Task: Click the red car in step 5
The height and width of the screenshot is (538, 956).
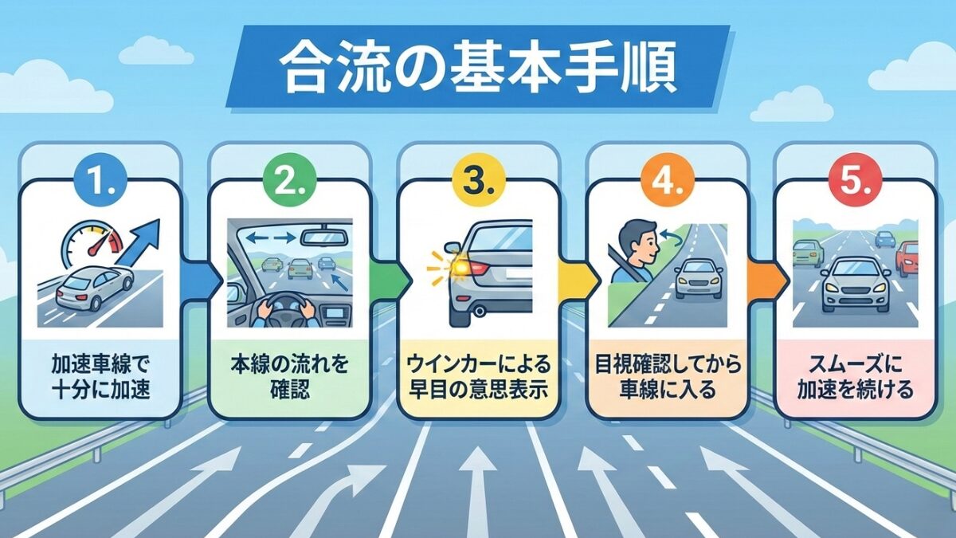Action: point(907,259)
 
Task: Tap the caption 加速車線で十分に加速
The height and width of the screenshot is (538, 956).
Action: point(100,378)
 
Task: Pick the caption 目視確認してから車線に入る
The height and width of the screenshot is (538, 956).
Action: point(666,378)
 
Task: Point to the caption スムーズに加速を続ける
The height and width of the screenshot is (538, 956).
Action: point(854,378)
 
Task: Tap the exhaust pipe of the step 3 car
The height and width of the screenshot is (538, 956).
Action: point(478,310)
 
